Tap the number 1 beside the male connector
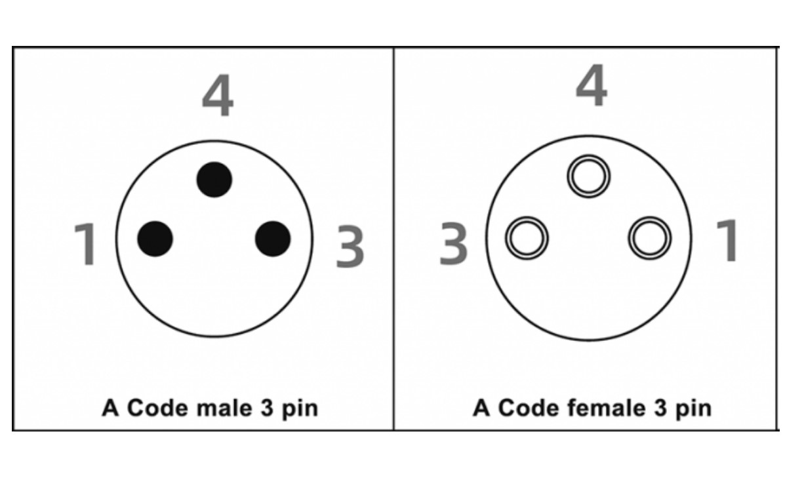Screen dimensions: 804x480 [86, 244]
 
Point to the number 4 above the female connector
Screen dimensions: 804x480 [591, 87]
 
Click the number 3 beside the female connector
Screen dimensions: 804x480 [453, 244]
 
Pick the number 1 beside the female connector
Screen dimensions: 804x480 [727, 241]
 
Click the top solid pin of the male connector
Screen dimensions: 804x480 [214, 179]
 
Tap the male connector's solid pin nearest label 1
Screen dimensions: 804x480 [155, 238]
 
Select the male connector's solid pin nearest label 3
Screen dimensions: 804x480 [273, 239]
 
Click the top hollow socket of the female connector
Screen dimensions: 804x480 [589, 176]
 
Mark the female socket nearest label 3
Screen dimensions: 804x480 [527, 237]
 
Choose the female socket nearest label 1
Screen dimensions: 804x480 [650, 237]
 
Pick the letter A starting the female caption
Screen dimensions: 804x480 [481, 408]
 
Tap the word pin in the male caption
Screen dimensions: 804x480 [299, 409]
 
